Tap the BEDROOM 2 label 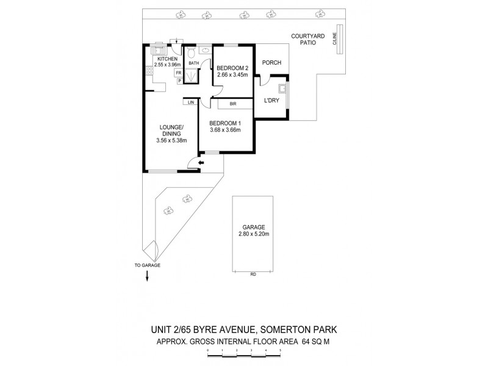232,68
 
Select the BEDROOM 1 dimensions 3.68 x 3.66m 225,129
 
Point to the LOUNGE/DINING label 171,131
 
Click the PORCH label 270,63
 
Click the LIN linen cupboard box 191,102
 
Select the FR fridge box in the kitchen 179,71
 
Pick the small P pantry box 179,80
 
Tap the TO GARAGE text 147,266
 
